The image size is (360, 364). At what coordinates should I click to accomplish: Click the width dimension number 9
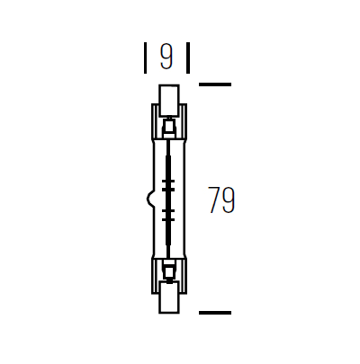(166, 57)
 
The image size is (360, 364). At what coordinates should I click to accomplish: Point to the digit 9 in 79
(229, 200)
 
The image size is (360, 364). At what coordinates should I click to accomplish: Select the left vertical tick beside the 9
(146, 58)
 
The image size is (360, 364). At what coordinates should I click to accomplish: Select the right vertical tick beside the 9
(188, 58)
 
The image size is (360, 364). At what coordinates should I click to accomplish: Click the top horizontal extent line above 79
(215, 84)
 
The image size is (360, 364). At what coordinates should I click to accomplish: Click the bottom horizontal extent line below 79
(215, 313)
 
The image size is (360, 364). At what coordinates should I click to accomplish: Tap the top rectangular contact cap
(169, 101)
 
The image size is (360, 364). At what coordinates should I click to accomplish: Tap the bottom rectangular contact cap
(169, 297)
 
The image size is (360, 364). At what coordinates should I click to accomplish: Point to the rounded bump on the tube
(149, 198)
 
